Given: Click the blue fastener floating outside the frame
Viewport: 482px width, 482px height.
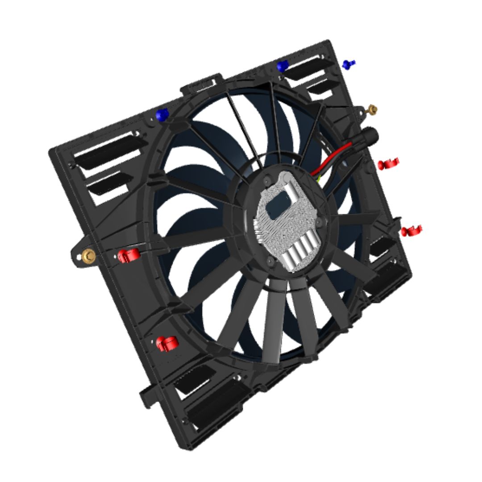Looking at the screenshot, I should (x=349, y=65).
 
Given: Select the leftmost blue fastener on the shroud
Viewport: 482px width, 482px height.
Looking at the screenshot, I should (x=162, y=115).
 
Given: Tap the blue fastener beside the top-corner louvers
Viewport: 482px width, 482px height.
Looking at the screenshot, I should (x=282, y=66).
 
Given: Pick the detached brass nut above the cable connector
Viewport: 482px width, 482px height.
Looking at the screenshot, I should (x=371, y=109).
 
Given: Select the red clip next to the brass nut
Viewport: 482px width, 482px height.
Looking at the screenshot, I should (x=129, y=256).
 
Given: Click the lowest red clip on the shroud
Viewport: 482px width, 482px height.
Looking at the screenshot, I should (x=167, y=344).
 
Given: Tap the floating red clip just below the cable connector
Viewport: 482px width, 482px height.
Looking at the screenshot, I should (x=388, y=164).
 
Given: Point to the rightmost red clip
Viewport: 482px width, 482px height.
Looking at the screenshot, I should (x=411, y=231).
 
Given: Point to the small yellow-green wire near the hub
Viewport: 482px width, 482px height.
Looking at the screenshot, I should (x=318, y=180).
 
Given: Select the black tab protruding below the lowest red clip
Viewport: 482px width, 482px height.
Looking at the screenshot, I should (x=148, y=395).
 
